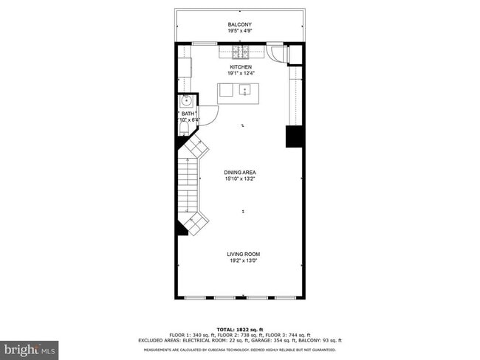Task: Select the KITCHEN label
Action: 240,66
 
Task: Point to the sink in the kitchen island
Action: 245,91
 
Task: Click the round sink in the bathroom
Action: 186,101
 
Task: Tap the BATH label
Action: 188,114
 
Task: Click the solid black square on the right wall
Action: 295,136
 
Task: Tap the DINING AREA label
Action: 240,173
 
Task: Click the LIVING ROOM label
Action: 243,255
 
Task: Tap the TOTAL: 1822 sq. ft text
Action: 239,329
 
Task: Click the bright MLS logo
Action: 29,347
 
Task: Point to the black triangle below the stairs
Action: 181,229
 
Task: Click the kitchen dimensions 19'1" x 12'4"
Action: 240,74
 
